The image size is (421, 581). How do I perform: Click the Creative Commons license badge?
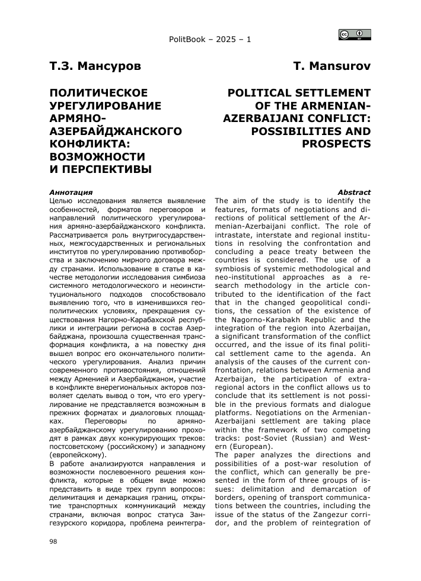[355, 34]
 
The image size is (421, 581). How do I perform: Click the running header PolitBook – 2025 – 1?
[210, 40]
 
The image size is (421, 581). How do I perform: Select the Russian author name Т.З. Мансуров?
[95, 66]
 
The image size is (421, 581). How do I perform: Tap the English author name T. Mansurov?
[332, 66]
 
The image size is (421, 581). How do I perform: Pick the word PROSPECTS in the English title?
[337, 143]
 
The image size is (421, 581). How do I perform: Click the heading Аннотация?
[71, 192]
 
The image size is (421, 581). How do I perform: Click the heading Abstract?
[354, 192]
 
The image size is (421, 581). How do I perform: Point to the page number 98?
[53, 541]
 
